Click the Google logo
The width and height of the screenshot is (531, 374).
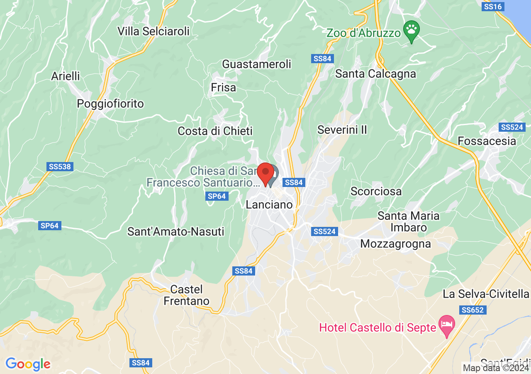coord(28,364)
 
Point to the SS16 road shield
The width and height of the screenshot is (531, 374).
coord(493,7)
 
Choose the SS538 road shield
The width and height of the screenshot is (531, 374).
coord(60,167)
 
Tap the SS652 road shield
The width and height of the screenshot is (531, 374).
coord(473,310)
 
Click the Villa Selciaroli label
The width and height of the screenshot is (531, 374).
coord(153,31)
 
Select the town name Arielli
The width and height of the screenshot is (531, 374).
coord(66,76)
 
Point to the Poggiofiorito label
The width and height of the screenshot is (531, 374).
coord(110,103)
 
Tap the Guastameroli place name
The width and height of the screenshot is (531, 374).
coord(257,64)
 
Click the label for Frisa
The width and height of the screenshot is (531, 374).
coord(223,88)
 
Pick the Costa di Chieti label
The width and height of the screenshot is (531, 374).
coord(215,131)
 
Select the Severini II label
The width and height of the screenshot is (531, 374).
coord(342,130)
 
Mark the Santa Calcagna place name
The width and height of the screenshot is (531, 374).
coord(375,74)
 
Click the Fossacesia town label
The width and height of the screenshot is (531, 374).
coord(487,141)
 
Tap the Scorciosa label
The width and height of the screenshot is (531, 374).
coord(376,191)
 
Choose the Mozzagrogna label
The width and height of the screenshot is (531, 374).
coord(395,244)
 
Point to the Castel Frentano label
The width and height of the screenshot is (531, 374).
coord(186,295)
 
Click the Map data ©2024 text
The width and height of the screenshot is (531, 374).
coord(496,368)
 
